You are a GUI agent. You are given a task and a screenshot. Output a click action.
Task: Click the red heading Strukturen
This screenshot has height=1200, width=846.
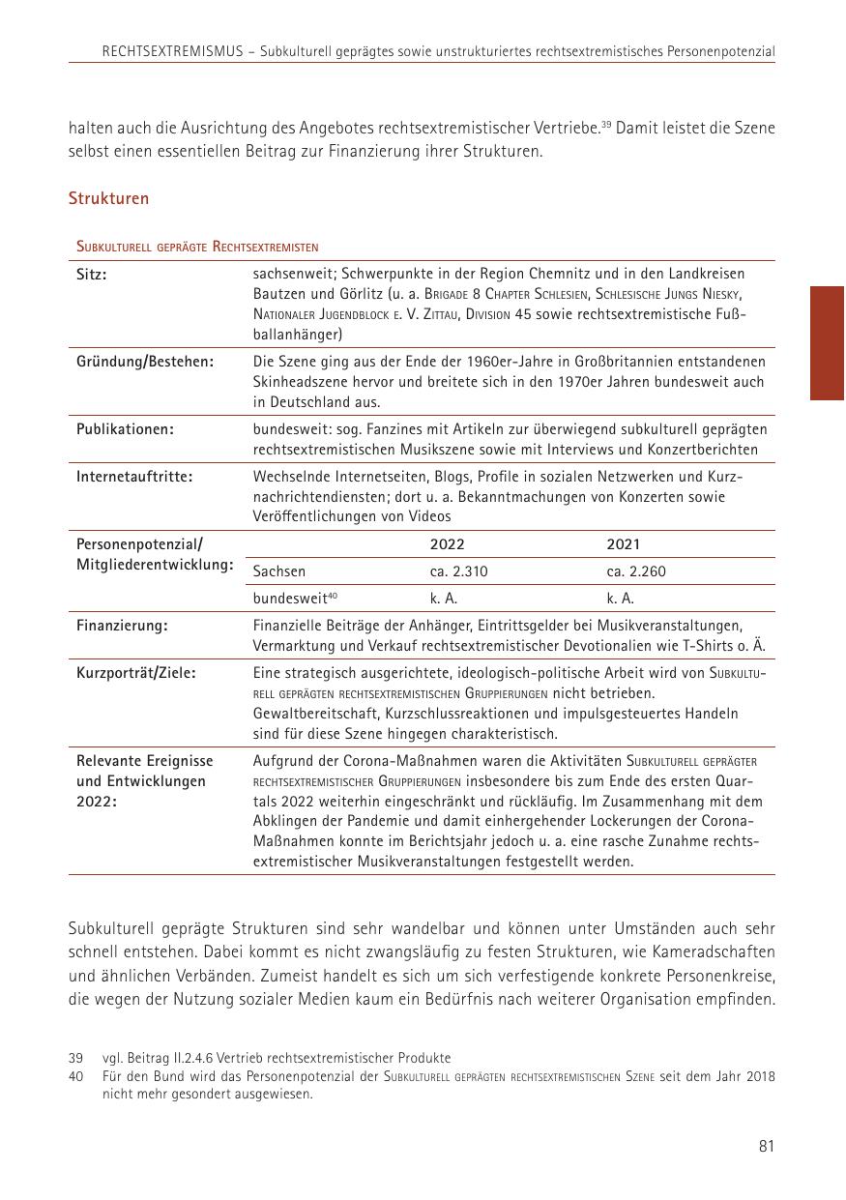coord(108,199)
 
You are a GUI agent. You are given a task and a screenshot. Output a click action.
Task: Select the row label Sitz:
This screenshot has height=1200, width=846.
coord(91,275)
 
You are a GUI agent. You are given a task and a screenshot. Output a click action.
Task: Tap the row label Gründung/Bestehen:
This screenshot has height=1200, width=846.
coord(145,362)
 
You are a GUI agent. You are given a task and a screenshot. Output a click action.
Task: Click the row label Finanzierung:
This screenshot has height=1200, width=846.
coord(122,626)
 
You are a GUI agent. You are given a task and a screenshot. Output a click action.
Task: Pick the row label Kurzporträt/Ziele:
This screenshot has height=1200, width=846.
coord(136,673)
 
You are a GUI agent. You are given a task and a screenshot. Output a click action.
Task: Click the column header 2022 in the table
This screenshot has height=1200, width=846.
coord(447,544)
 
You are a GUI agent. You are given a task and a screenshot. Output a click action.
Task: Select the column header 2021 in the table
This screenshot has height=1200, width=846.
coord(624,544)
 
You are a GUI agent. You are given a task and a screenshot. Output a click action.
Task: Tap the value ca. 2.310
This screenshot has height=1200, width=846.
coord(458,571)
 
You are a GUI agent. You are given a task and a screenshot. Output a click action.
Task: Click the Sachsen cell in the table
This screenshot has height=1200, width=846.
coord(279,571)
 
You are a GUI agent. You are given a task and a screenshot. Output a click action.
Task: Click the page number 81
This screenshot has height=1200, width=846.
coord(766,1147)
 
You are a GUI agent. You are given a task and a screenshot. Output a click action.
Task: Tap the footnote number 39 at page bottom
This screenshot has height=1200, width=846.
coord(75,1059)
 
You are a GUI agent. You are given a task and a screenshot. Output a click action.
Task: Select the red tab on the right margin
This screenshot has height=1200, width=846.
coord(827,342)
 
